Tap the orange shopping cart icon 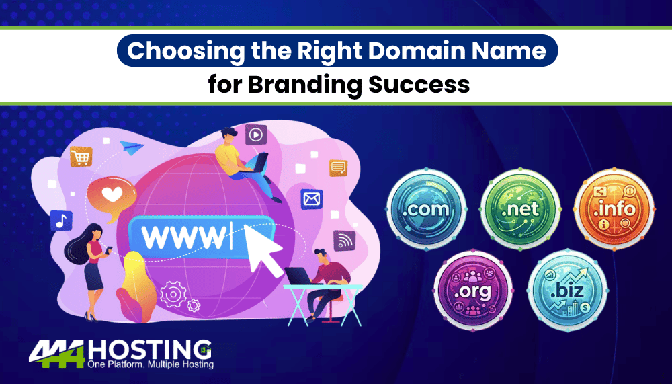pos(81,157)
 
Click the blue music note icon pos(60,220)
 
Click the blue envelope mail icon pos(312,198)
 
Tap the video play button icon pos(255,135)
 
